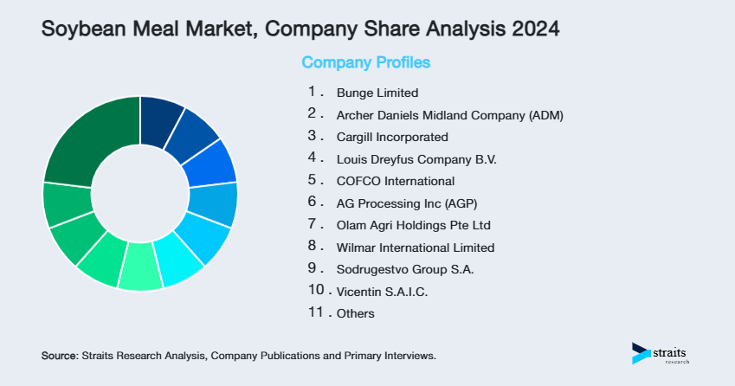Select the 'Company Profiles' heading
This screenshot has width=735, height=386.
pyautogui.click(x=365, y=63)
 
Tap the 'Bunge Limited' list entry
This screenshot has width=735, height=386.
pyautogui.click(x=377, y=93)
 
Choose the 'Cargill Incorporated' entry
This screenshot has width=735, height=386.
pyautogui.click(x=392, y=137)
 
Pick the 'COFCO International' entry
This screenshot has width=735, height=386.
pyautogui.click(x=395, y=182)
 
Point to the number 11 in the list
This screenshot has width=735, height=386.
pyautogui.click(x=314, y=313)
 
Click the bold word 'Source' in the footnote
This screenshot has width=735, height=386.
pyautogui.click(x=59, y=356)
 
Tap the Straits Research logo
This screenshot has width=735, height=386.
pyautogui.click(x=662, y=353)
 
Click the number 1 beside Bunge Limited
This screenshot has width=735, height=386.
pyautogui.click(x=313, y=92)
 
